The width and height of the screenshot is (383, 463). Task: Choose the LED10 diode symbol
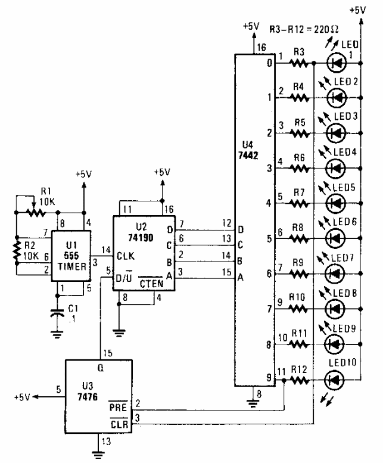click(338, 378)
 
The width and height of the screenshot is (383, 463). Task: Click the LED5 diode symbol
click(338, 203)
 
